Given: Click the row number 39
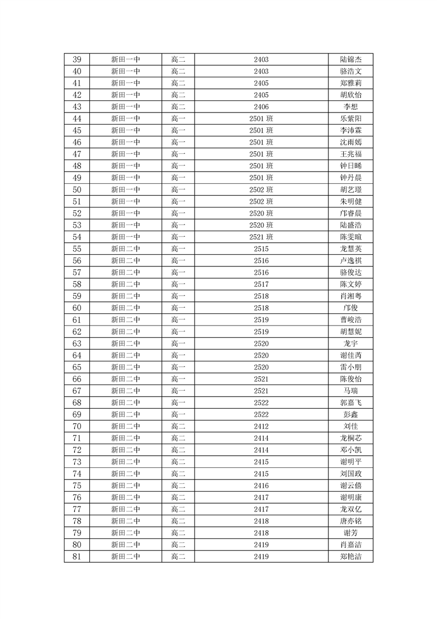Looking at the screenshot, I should coord(77,60).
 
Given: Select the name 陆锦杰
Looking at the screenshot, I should coord(350,60).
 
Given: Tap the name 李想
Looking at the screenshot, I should coord(350,107).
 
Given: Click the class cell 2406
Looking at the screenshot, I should coord(261,107).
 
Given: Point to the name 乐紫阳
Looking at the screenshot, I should coord(350,119).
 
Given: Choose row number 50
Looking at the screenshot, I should coord(77,190).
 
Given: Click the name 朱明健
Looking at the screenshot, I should coord(350,201).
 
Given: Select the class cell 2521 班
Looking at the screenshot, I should coord(261,237).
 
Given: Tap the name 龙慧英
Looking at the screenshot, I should coord(350,249).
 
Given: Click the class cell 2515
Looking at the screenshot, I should coord(261,249).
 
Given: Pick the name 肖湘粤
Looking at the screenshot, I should coord(350,296).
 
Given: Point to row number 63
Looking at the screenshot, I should coord(77,344).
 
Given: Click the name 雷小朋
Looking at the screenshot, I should coord(350,367).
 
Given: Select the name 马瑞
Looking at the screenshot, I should coord(350,391).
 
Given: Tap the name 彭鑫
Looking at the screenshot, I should coord(350,415).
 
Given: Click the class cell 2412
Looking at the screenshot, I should coord(261,426).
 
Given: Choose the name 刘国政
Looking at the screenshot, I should coord(350,474).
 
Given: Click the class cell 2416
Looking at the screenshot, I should coord(261,485).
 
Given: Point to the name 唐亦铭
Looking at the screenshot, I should coord(350,521).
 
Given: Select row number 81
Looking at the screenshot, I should coord(77,557).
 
